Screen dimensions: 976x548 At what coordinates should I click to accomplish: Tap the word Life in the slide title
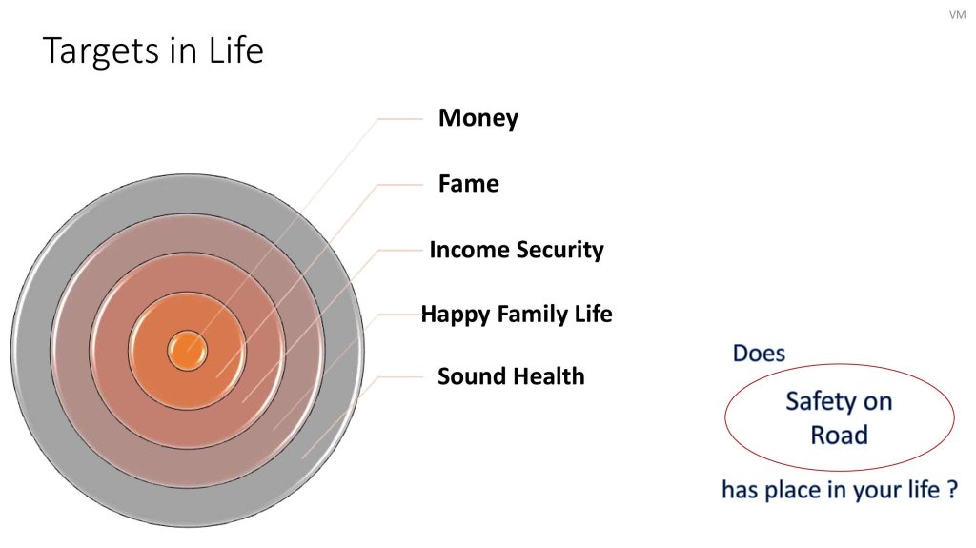[x=236, y=50]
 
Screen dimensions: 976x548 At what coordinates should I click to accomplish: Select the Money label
[x=478, y=117]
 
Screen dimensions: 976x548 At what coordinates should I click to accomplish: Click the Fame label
[x=469, y=184]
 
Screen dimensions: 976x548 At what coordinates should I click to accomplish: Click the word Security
[x=560, y=250]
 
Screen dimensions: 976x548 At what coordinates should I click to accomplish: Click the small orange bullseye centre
[x=188, y=351]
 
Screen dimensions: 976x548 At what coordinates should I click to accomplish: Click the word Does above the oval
[x=759, y=353]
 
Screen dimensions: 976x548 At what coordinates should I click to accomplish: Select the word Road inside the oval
[x=839, y=435]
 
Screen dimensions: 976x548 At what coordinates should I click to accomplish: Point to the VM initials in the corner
[x=957, y=15]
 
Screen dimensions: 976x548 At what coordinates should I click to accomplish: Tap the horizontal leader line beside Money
[x=400, y=118]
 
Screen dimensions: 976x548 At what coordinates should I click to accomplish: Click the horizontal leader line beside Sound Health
[x=400, y=376]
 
